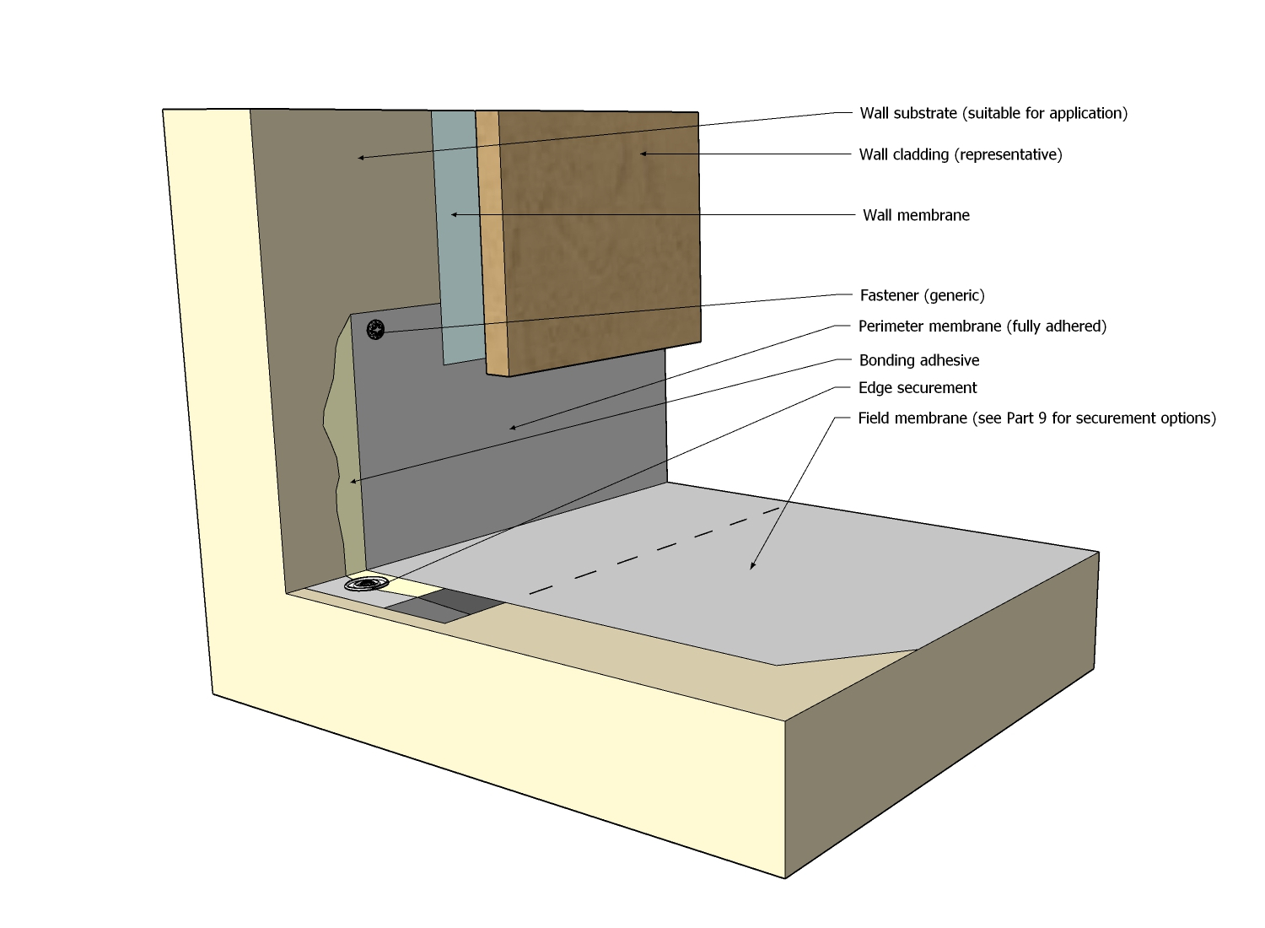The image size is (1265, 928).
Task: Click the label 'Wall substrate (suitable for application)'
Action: [993, 113]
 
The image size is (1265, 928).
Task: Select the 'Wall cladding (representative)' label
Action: [961, 154]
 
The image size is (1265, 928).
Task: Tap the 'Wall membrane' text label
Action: [916, 215]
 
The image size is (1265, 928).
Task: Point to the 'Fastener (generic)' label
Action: [922, 295]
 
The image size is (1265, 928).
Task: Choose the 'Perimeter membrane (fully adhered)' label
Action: [982, 326]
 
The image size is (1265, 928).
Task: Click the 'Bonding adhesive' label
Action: [918, 360]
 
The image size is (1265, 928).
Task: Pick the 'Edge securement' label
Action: [918, 388]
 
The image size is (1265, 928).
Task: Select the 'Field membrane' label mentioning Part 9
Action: [1036, 418]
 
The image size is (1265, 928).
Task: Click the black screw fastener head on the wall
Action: [375, 330]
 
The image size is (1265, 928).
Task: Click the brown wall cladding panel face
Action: [599, 236]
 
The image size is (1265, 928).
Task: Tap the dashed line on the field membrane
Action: [658, 548]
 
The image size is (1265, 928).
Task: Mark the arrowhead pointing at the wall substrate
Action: [361, 158]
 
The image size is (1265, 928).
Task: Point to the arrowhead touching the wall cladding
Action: [643, 154]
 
